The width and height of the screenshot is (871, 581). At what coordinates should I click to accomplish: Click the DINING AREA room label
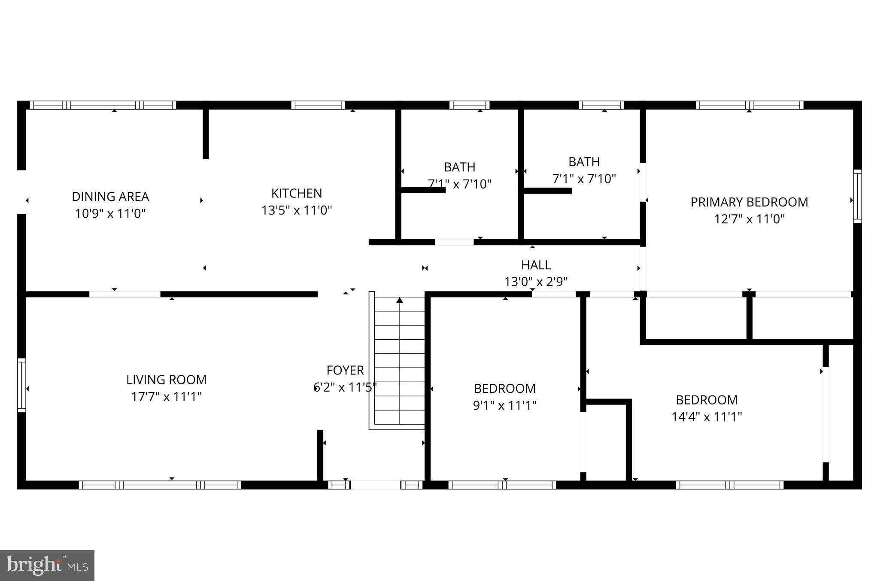tap(110, 197)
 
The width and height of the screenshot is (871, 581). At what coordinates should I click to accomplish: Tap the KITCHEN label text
tap(297, 193)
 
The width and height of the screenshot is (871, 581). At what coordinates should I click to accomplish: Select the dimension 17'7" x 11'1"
tap(167, 397)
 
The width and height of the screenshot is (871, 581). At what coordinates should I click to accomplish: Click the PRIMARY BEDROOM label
tap(749, 202)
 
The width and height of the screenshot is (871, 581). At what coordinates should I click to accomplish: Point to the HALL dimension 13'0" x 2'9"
tap(536, 282)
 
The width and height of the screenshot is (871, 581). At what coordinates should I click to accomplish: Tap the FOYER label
tap(345, 370)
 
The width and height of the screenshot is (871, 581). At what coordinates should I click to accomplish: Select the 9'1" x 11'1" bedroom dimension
tap(505, 405)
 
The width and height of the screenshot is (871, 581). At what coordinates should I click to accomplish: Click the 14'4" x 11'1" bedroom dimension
tap(707, 417)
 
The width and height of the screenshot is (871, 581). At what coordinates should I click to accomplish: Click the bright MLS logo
tap(47, 565)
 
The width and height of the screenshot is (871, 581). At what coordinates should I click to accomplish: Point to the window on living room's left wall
tap(21, 385)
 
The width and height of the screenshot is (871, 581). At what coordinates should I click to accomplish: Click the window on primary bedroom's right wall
tap(857, 196)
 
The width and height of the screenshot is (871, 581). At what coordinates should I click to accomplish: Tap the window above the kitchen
tap(318, 105)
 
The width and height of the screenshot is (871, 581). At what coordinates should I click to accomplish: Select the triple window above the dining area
tap(103, 105)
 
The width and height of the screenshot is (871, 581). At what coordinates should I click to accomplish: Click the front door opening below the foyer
tap(376, 485)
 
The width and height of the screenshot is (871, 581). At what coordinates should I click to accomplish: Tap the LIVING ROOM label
tap(167, 380)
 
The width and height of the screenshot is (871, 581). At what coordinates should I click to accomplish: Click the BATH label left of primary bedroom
tap(584, 162)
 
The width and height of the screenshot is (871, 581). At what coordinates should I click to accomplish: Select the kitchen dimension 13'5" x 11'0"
tap(297, 210)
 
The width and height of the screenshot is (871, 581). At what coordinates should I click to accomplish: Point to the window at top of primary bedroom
tap(749, 105)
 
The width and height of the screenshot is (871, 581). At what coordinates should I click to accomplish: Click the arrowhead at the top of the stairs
tap(400, 300)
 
